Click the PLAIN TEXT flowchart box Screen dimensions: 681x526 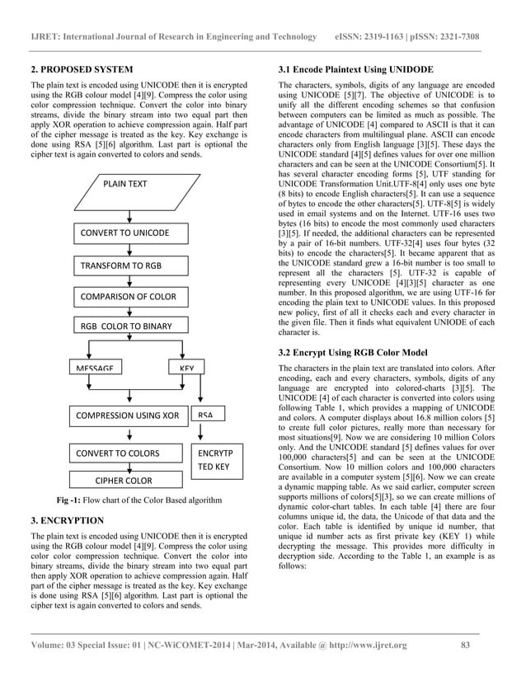125,184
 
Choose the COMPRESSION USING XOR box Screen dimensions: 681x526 128,416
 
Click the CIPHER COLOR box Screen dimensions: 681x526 124,480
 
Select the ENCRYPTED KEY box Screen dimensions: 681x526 216,459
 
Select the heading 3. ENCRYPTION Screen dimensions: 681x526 68,521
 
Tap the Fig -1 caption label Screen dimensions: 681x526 73,500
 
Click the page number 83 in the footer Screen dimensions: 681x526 465,645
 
